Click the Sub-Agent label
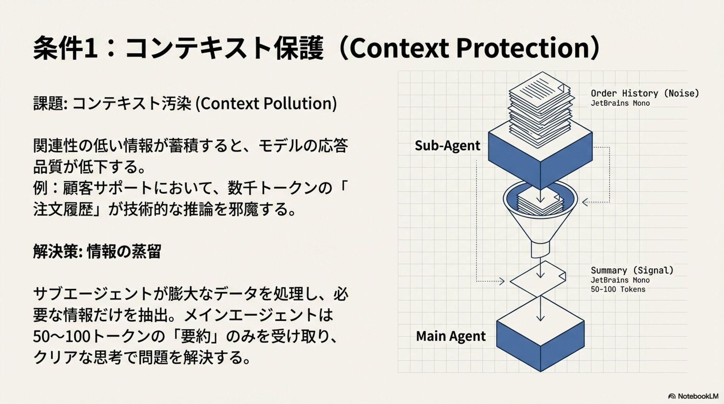[447, 145]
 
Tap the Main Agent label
[451, 336]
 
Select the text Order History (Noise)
[644, 93]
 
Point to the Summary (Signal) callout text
[632, 270]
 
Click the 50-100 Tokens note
[618, 289]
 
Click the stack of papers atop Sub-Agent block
[540, 106]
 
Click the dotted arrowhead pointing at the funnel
[585, 202]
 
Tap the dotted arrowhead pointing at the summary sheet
[502, 281]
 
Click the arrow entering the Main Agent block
[540, 317]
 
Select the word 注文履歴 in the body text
[63, 210]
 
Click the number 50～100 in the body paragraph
[62, 336]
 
